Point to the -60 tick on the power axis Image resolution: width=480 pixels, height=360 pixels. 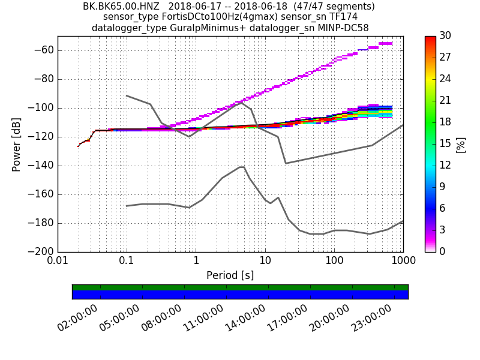(44, 50)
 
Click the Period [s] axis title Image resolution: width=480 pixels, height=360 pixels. (230, 275)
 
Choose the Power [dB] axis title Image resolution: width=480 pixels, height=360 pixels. (17, 144)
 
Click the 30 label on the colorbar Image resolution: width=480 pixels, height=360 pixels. (445, 37)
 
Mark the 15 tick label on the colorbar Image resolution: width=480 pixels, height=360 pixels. (445, 144)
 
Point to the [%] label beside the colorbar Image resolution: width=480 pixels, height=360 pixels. (461, 144)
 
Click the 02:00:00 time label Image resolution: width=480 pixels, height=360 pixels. (77, 319)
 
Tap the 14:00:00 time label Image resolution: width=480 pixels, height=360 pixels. (245, 319)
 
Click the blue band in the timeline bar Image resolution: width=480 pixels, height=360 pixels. (240, 295)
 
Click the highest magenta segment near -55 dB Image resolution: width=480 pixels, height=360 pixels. (385, 43)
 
